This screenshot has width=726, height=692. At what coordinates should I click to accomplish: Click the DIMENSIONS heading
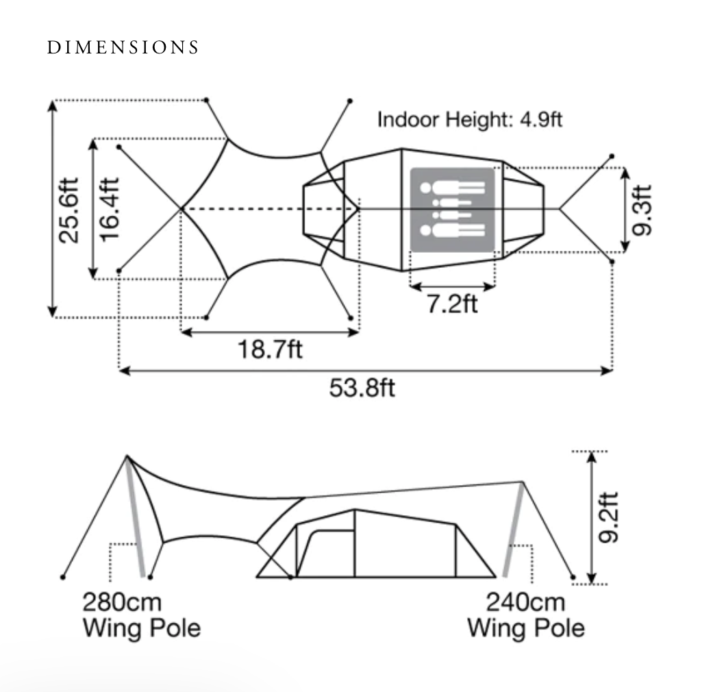[123, 47]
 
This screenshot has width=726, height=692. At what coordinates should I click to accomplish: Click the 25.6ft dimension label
[68, 210]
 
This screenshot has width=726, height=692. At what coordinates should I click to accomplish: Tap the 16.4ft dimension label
[110, 210]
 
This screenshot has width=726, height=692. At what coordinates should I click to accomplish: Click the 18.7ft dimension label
[270, 349]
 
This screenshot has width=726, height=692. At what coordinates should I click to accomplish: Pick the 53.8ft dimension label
[363, 388]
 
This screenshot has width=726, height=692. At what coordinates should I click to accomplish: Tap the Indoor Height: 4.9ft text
[470, 119]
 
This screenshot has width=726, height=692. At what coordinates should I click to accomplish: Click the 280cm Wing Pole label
[142, 615]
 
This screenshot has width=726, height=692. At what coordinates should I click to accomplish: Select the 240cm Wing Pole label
[526, 615]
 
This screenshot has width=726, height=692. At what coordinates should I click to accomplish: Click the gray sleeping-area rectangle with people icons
[452, 209]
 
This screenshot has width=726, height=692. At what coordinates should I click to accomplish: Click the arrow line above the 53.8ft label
[365, 371]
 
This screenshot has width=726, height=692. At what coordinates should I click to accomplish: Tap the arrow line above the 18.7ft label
[270, 332]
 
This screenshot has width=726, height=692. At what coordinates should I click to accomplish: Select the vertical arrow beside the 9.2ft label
[590, 517]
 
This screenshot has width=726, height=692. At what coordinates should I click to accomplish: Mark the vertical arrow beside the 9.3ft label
[625, 210]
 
